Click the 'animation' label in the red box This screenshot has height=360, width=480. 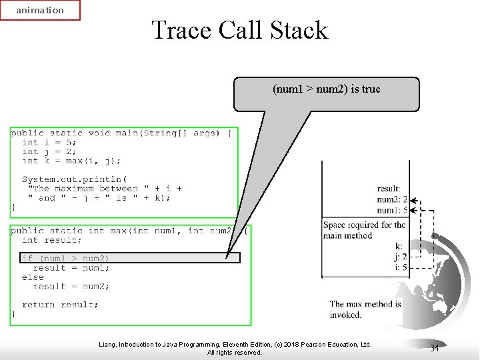[40, 10]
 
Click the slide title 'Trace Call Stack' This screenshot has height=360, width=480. [240, 30]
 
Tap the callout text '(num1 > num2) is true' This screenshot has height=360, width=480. [327, 89]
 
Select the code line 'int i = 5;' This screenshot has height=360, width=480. [49, 142]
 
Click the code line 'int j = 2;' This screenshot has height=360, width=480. [49, 151]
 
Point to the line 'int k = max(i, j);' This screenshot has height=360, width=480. [71, 161]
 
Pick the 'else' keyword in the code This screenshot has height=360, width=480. [33, 277]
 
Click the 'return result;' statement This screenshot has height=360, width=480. [60, 305]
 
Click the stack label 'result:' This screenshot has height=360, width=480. [389, 189]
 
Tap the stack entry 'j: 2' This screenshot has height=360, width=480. [400, 257]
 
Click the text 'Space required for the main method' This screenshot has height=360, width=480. [364, 230]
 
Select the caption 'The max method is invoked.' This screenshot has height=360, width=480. [365, 309]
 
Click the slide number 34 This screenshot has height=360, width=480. [434, 348]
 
